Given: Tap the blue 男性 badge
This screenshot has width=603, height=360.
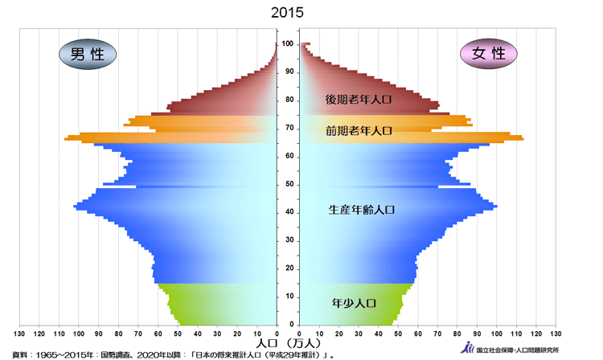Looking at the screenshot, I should (87, 54).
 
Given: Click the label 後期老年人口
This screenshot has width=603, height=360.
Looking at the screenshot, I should (358, 100).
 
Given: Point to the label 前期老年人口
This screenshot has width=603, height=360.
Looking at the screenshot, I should (358, 130).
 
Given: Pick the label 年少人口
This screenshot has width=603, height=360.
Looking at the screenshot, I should (354, 304).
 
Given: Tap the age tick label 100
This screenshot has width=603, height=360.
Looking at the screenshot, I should (287, 43).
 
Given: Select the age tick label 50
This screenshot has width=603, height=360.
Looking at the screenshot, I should (287, 184).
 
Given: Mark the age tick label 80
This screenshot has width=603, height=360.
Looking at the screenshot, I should (287, 100).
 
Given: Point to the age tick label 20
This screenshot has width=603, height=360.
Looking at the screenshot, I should (287, 268).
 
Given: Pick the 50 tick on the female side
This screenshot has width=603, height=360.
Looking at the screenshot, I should (398, 333).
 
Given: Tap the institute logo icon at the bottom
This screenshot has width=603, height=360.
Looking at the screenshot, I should (469, 347).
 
